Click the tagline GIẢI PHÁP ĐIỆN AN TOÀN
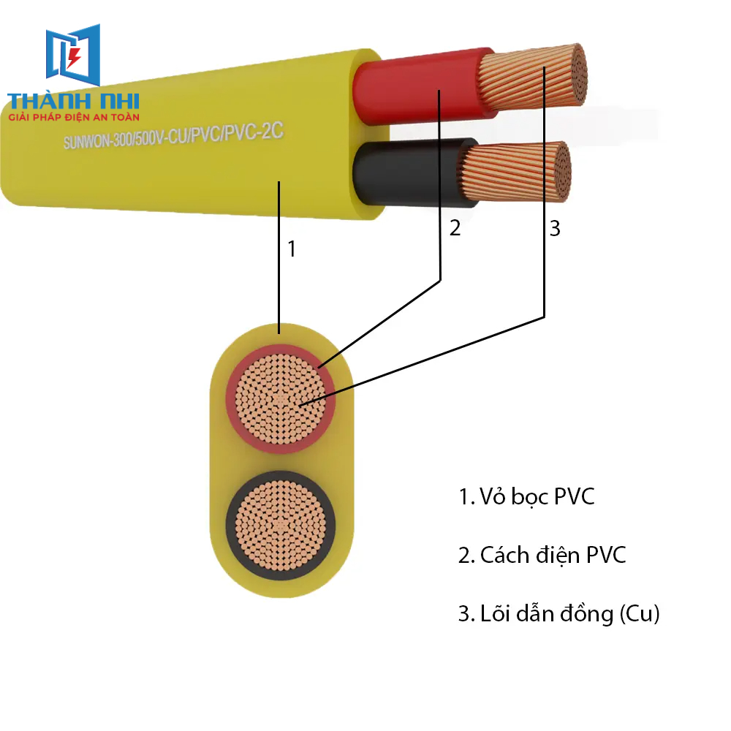pos(73,116)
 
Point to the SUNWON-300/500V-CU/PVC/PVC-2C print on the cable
pos(173,130)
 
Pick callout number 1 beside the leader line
pos(292,249)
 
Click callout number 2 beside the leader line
pos(455,228)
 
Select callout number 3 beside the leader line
pos(555,228)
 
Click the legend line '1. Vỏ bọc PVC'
pos(526,497)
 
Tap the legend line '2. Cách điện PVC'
pos(542,555)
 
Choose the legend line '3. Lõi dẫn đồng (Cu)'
pos(558,614)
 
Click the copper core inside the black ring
pos(281,525)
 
